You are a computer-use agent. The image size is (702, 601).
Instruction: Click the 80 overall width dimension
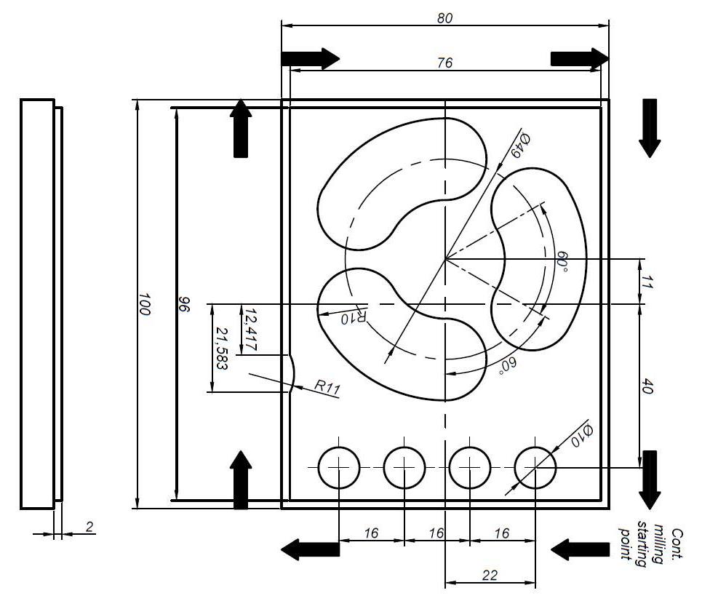coord(444,17)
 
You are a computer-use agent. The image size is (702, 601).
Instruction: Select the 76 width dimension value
coord(444,63)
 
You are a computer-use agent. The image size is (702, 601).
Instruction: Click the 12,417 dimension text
coord(251,329)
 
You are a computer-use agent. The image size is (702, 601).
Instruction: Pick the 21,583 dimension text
coord(221,348)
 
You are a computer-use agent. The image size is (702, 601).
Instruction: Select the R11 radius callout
coord(327,386)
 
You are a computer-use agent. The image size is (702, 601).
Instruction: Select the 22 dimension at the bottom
coord(490,576)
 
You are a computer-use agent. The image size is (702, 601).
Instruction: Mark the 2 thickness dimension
coord(89,527)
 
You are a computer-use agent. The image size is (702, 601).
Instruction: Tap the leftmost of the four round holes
coord(339,466)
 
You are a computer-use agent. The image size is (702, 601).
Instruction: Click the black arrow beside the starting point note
coord(580,550)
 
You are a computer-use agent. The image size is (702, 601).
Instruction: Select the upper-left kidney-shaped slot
coord(396,182)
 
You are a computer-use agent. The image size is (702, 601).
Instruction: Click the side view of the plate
coord(38,304)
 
